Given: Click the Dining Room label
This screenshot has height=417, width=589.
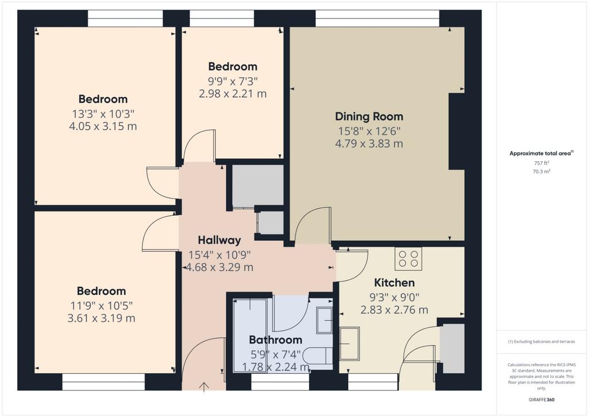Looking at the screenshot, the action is pyautogui.click(x=369, y=116).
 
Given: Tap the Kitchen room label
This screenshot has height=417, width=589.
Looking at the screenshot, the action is pyautogui.click(x=395, y=282).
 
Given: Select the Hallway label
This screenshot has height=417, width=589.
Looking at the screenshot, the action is pyautogui.click(x=219, y=240).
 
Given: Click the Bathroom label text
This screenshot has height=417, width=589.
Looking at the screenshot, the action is pyautogui.click(x=276, y=340).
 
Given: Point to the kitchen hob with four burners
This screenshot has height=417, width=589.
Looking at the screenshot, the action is pyautogui.click(x=408, y=259).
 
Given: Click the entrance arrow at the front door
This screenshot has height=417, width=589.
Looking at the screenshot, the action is pyautogui.click(x=204, y=387).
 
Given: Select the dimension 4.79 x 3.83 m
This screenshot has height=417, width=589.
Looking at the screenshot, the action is pyautogui.click(x=369, y=143).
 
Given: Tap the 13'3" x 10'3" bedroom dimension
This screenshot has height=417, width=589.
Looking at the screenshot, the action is pyautogui.click(x=103, y=113).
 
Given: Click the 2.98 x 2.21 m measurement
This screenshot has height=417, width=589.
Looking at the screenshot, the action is pyautogui.click(x=233, y=93).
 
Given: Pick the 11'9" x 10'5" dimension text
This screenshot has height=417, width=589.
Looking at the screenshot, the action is pyautogui.click(x=101, y=305).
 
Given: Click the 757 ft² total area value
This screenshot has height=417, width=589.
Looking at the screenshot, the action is pyautogui.click(x=542, y=163).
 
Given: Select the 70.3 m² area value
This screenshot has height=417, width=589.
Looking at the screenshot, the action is pyautogui.click(x=542, y=172).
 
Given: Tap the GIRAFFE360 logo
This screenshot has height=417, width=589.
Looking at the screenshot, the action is pyautogui.click(x=542, y=400).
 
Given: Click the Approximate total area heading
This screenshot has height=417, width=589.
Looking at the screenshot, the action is pyautogui.click(x=541, y=153).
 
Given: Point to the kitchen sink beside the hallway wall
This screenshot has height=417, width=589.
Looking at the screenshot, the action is pyautogui.click(x=350, y=343).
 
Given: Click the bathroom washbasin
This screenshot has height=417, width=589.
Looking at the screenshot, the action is pyautogui.click(x=324, y=320).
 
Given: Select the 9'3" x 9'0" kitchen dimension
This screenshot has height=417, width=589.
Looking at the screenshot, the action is pyautogui.click(x=395, y=297).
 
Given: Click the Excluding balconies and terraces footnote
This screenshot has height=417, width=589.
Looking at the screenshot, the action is pyautogui.click(x=541, y=342).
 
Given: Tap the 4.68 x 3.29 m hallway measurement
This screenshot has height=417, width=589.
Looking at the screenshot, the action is pyautogui.click(x=219, y=267).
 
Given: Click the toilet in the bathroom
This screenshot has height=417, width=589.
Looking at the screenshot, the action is pyautogui.click(x=318, y=356).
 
